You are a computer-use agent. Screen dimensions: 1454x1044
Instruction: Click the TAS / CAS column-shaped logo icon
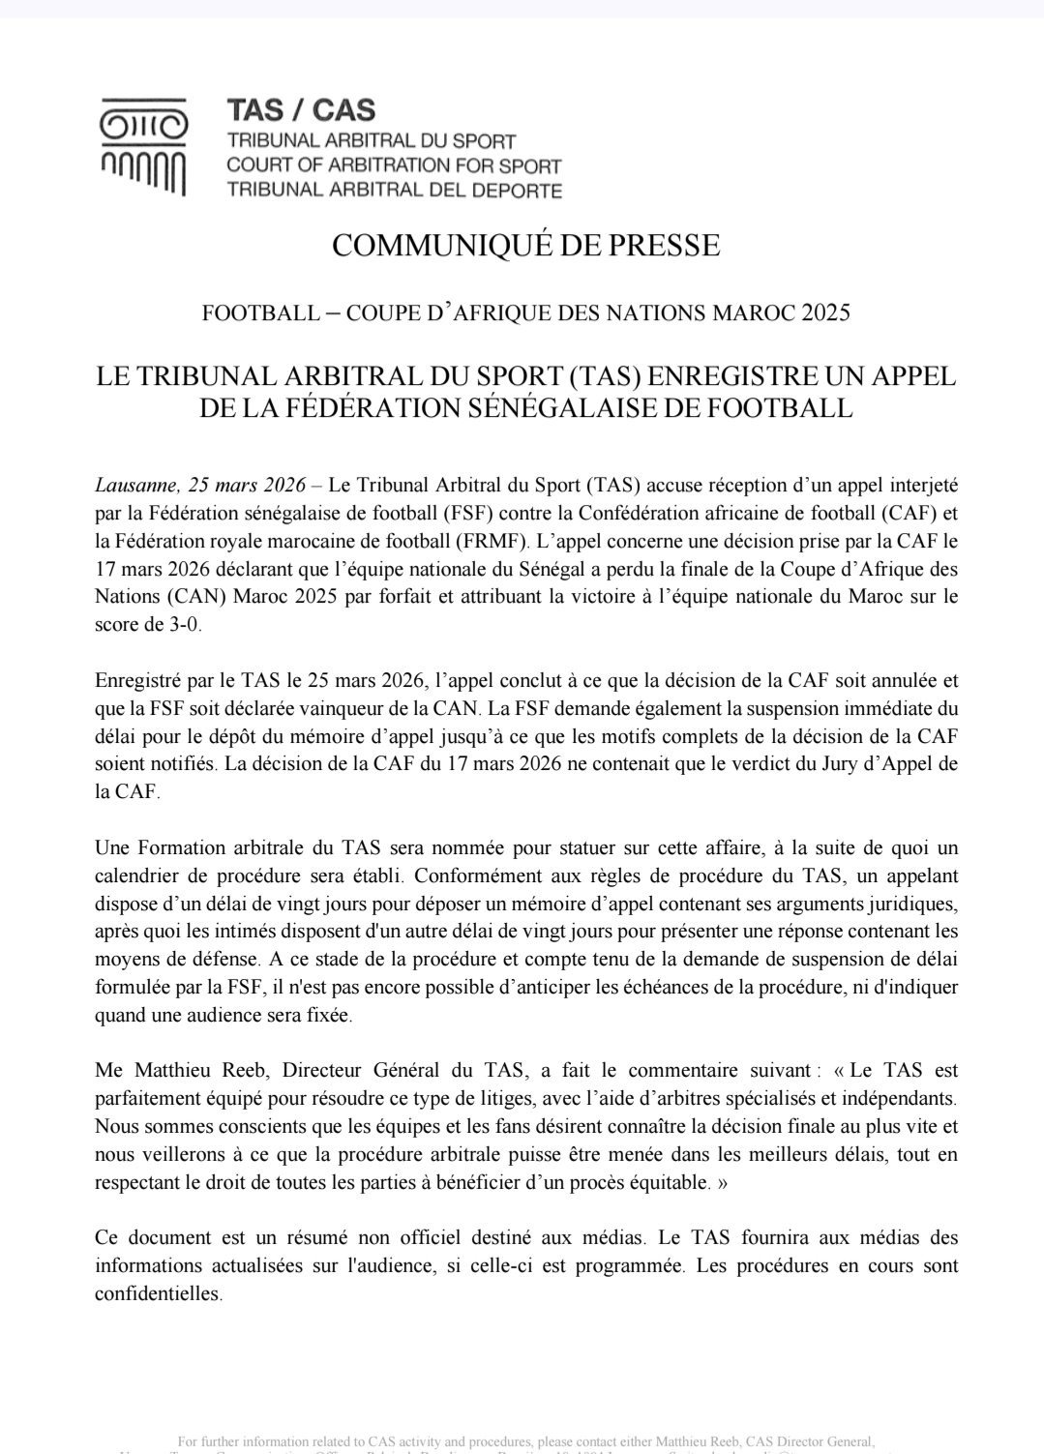pos(144,146)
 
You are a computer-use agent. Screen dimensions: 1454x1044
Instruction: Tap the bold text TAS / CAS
pos(300,109)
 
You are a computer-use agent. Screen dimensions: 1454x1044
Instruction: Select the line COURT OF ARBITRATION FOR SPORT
pos(393,165)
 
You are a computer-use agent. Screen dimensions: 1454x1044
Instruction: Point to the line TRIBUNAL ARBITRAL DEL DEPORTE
pos(394,191)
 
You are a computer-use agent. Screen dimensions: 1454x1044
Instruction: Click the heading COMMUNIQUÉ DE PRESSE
pos(525,246)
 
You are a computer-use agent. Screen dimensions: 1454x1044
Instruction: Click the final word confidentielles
pos(158,1293)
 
